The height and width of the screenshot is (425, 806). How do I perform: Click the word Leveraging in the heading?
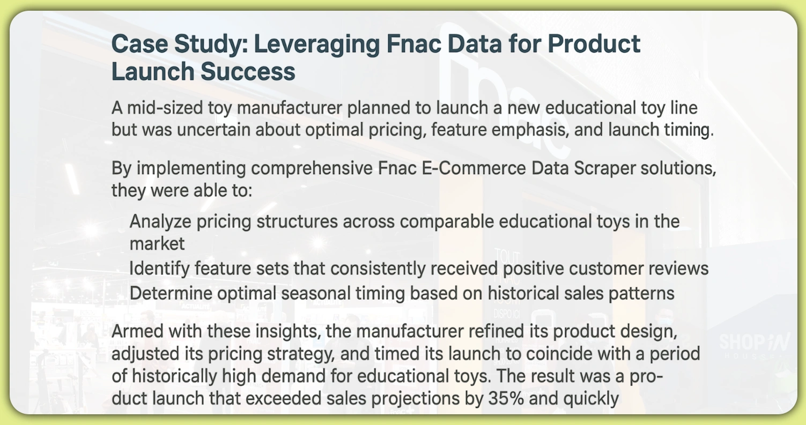click(315, 44)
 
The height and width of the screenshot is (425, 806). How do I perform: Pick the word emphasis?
click(523, 130)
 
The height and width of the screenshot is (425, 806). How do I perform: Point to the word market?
click(157, 243)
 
